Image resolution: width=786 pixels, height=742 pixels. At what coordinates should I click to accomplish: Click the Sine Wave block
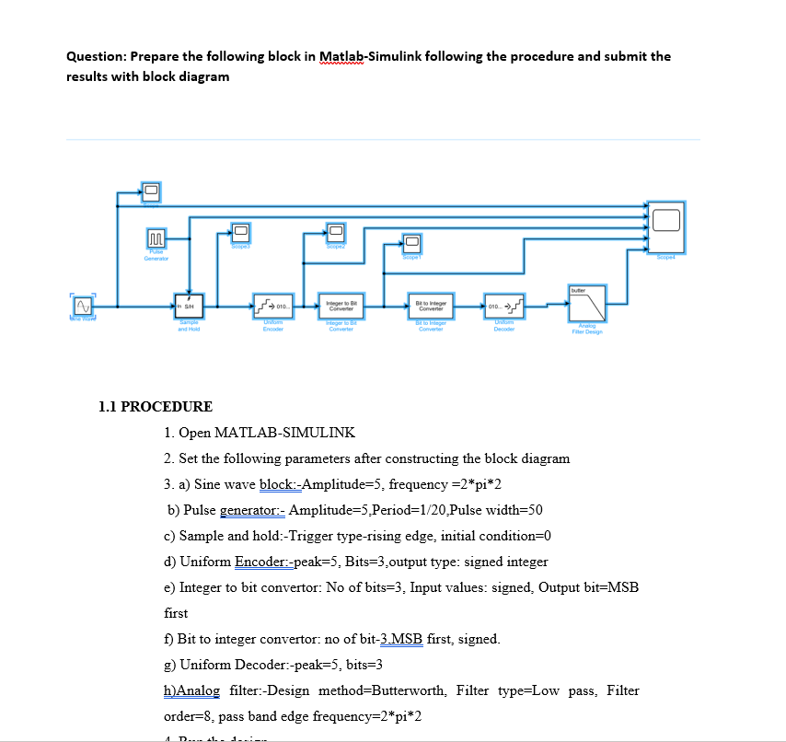pos(84,304)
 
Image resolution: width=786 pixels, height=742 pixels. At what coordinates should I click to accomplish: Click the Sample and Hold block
pos(188,305)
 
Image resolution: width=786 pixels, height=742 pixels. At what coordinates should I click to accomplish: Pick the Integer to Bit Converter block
pos(335,306)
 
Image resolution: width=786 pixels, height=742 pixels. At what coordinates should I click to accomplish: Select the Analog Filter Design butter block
pos(586,303)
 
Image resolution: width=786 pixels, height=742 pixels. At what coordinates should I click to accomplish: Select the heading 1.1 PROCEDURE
pos(155,406)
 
